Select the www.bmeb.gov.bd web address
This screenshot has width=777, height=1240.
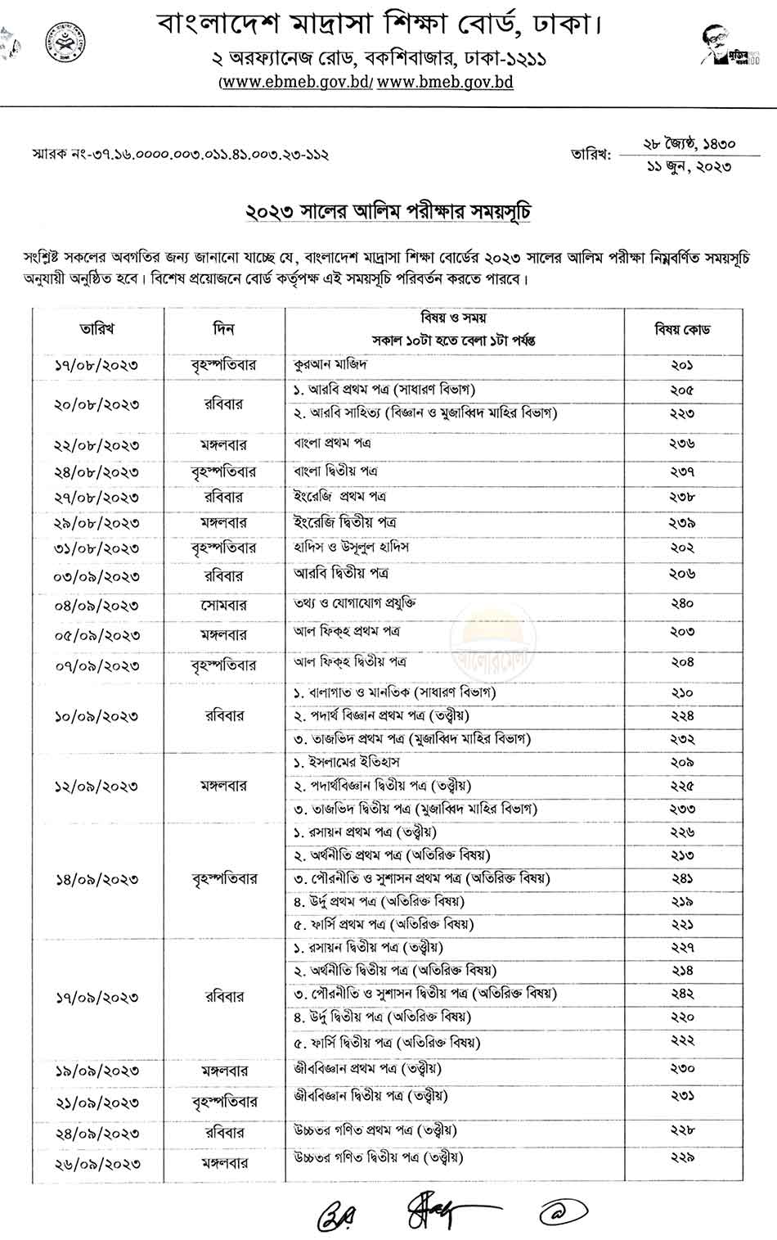tap(446, 82)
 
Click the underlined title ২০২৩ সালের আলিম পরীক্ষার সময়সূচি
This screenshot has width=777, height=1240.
tap(389, 212)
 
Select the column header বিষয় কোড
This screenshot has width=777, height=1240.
tap(682, 330)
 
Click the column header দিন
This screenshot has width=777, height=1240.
tap(223, 329)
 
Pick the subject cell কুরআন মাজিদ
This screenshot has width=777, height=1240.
tap(330, 363)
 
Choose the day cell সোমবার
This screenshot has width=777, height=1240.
tap(223, 606)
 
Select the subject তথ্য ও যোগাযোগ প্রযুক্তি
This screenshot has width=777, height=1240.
tap(355, 603)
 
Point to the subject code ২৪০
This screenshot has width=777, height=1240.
tap(682, 604)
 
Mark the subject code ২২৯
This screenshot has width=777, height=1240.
tap(682, 1158)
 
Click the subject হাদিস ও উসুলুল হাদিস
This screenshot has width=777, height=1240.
tap(351, 546)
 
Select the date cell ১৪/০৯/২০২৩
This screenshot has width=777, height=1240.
tap(97, 880)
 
